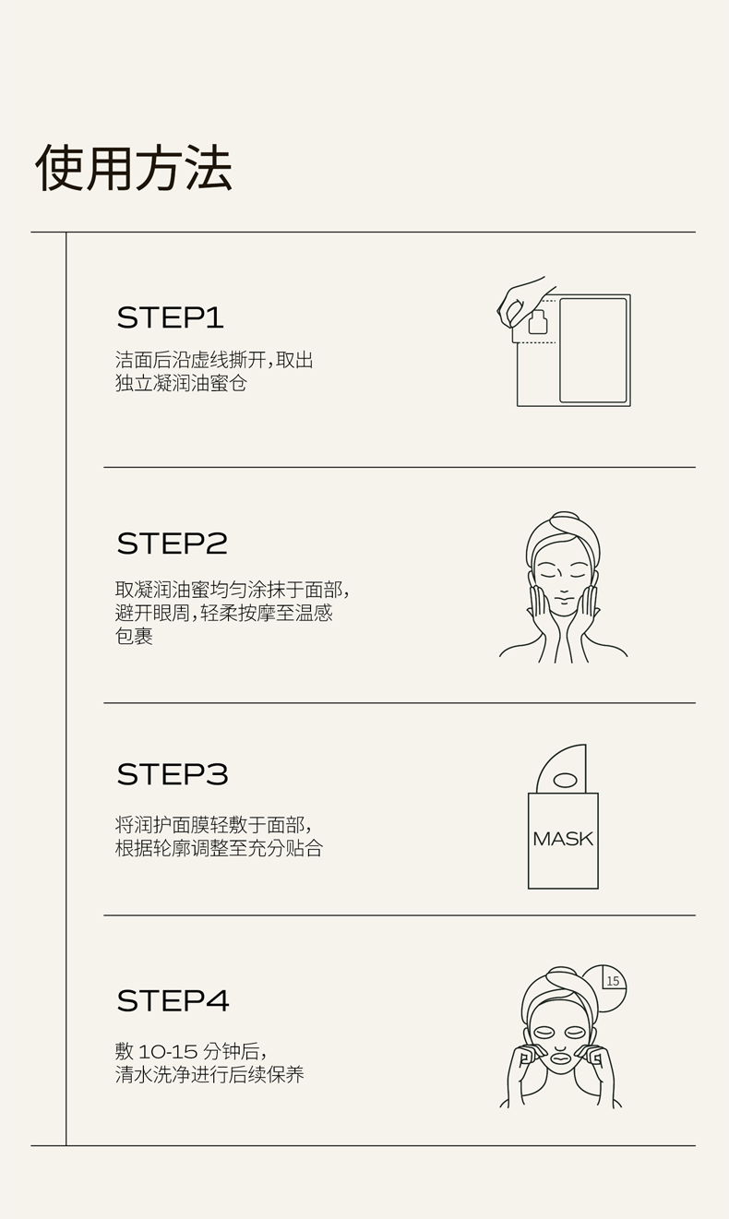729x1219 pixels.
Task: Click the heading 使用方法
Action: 134,168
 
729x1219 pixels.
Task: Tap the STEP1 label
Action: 171,317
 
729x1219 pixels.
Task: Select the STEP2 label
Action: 172,544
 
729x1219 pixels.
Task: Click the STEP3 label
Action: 173,774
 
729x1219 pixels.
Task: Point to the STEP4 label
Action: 173,1000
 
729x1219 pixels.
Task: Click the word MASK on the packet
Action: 563,839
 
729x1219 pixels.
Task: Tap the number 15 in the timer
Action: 613,981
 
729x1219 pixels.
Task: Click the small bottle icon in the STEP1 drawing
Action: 538,322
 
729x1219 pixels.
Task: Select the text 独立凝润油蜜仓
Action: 181,383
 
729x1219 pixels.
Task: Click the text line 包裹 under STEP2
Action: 134,636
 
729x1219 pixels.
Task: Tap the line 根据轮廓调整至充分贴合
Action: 219,848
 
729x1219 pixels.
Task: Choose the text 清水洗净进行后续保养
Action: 209,1074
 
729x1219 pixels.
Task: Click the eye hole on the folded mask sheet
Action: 565,781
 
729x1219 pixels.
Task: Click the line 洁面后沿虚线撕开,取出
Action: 214,360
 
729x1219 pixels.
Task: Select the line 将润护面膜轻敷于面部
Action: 213,825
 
